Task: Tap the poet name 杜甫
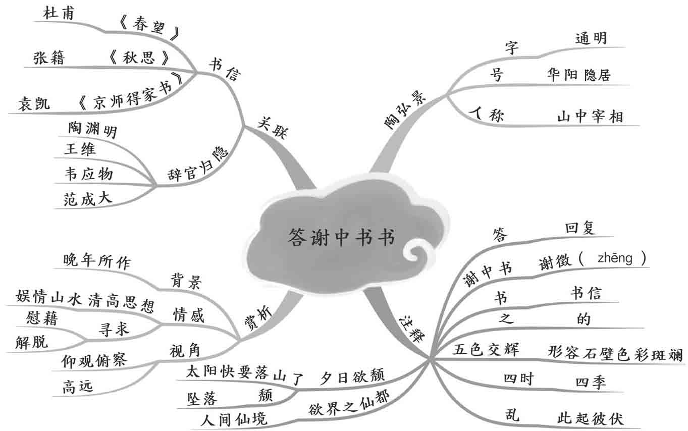pos(58,14)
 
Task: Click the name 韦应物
pos(89,174)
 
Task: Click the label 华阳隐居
pos(578,75)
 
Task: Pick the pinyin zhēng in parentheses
pos(614,259)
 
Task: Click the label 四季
pos(591,382)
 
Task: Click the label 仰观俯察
pos(93,360)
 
